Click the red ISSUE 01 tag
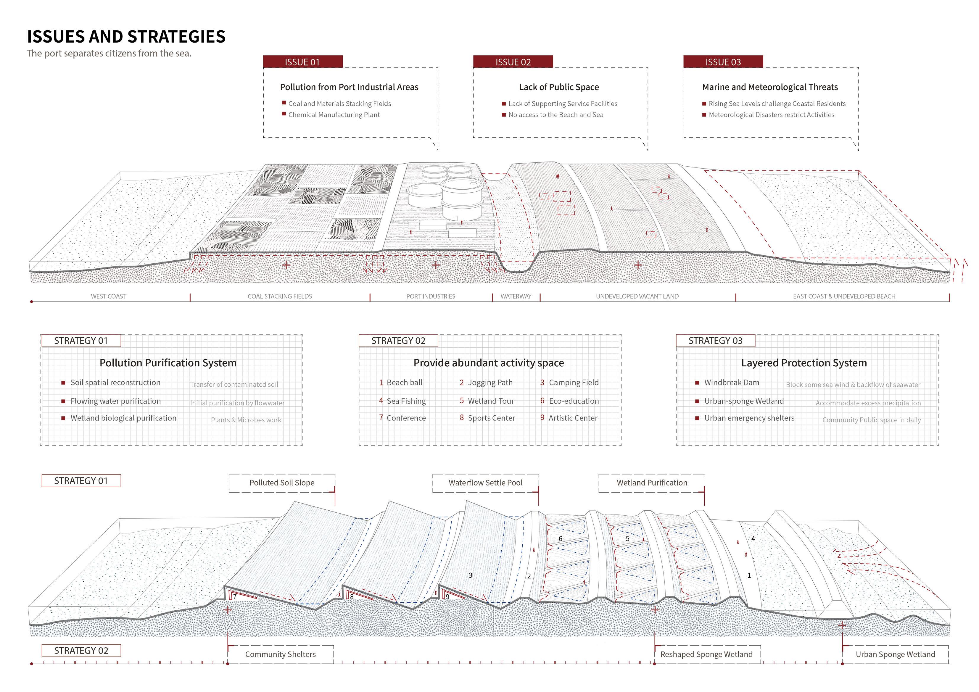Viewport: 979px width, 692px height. coord(302,62)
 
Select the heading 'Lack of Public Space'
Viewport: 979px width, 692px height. coord(558,87)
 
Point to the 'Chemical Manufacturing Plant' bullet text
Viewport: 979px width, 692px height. coord(334,115)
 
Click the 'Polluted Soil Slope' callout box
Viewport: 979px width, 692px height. coord(282,483)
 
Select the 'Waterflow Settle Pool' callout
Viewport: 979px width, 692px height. coord(485,483)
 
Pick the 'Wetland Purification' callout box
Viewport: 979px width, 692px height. coord(651,483)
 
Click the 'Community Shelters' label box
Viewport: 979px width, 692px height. coord(280,654)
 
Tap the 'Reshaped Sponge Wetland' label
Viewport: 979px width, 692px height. coord(706,654)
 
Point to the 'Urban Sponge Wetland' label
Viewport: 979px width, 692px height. coord(895,654)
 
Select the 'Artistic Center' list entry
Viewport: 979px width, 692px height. coord(573,418)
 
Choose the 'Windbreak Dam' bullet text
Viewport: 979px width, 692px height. coord(732,383)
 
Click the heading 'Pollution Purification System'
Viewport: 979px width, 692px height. coord(168,363)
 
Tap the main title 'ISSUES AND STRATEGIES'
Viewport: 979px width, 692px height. coord(126,37)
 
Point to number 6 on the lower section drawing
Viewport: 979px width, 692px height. coord(560,538)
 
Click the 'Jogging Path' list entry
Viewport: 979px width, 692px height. coord(490,383)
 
